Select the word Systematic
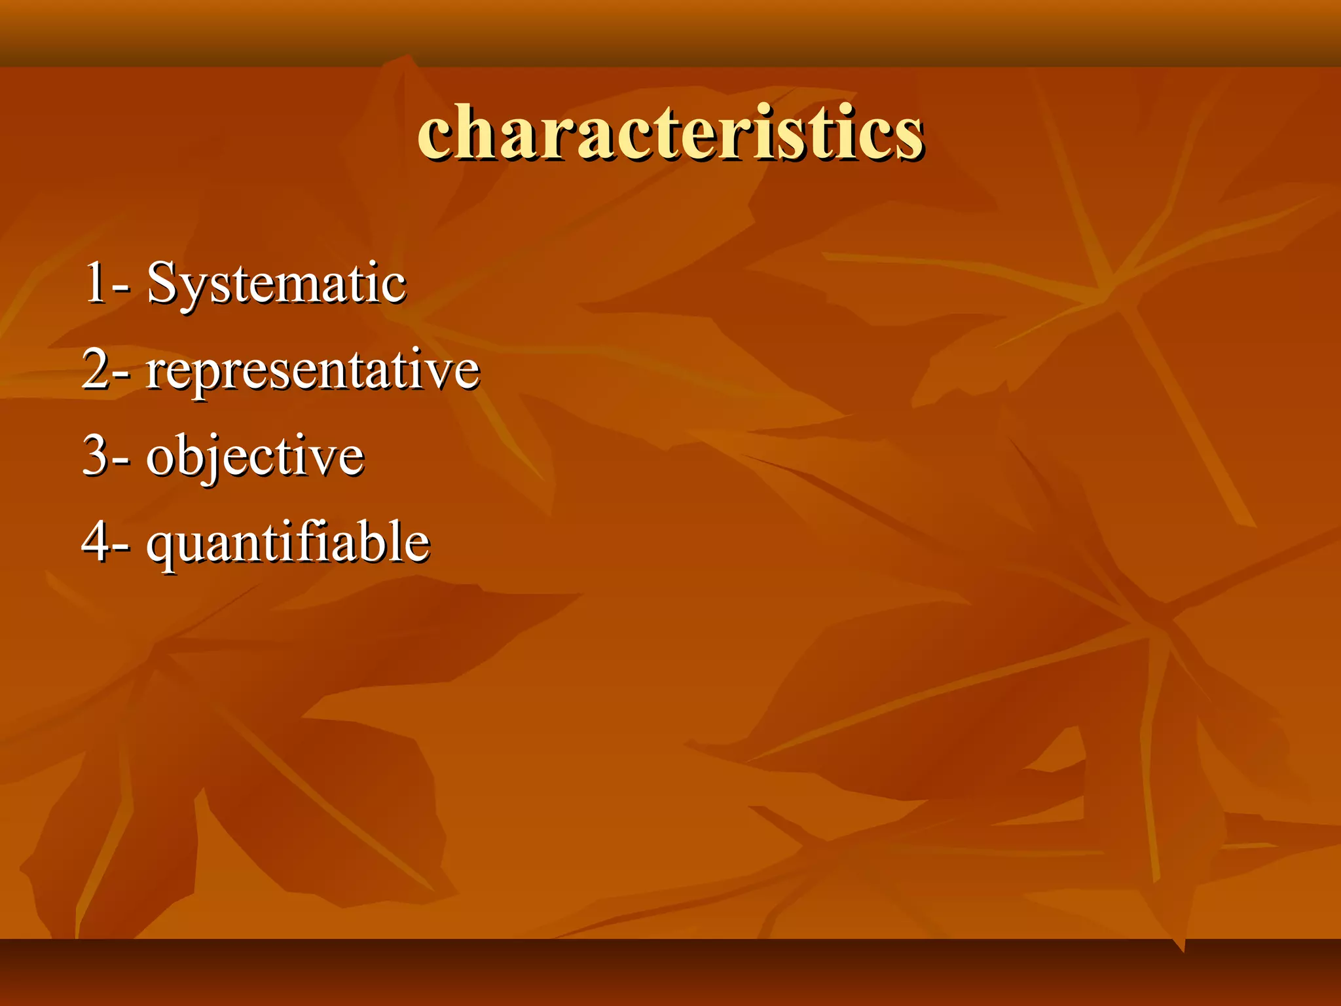[276, 283]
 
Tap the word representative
[312, 370]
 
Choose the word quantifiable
[287, 542]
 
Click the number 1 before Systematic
[96, 283]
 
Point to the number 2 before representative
[96, 370]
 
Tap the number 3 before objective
[96, 456]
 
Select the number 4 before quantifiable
[96, 542]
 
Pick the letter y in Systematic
[190, 290]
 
